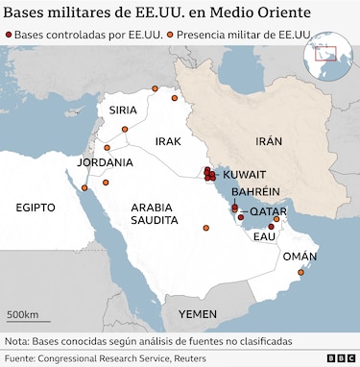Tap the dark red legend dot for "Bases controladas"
[8, 35]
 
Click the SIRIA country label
[123, 110]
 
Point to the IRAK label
[168, 141]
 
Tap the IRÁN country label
[269, 141]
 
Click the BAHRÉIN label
[255, 192]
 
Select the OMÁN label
[298, 257]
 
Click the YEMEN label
[198, 314]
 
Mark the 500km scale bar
[23, 321]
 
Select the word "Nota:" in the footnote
[17, 341]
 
